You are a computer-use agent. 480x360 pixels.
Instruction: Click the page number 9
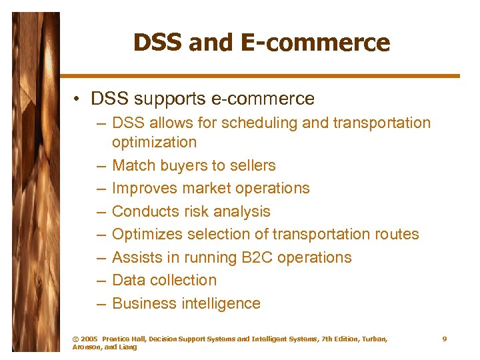pyautogui.click(x=445, y=339)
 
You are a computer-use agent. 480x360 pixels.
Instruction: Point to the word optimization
pyautogui.click(x=154, y=142)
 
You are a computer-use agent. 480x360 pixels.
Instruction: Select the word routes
pyautogui.click(x=395, y=234)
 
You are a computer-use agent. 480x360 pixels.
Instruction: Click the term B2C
pyautogui.click(x=243, y=257)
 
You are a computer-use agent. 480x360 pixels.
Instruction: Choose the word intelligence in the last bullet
pyautogui.click(x=221, y=303)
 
